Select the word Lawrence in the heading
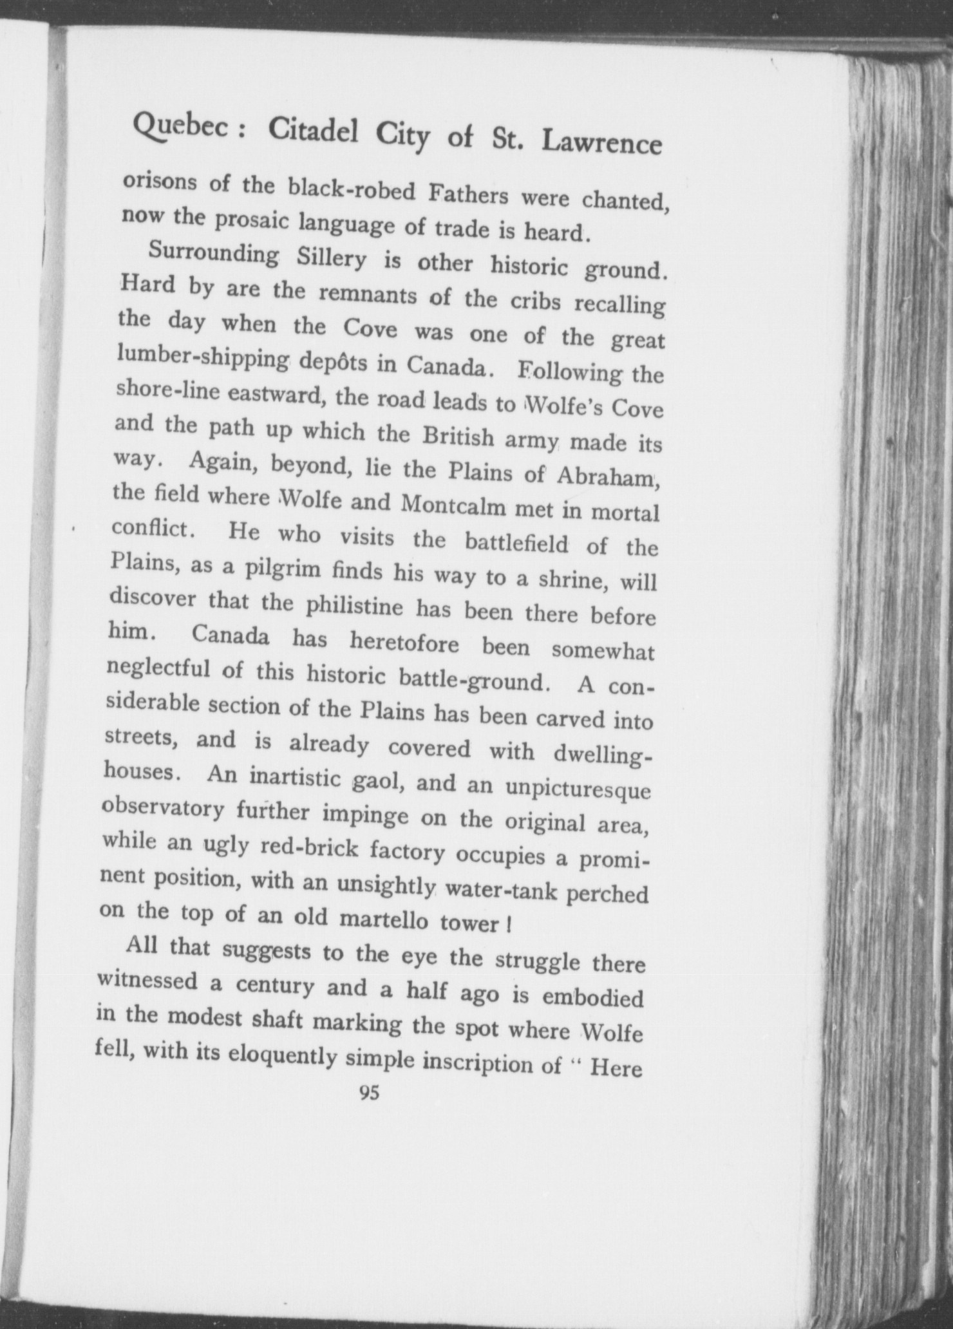coord(601,142)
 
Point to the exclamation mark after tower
coord(509,927)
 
